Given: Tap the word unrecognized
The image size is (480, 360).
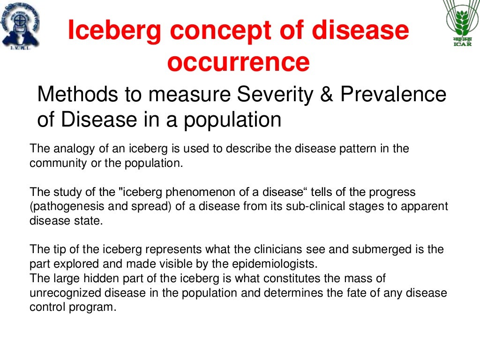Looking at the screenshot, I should [x=62, y=293].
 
